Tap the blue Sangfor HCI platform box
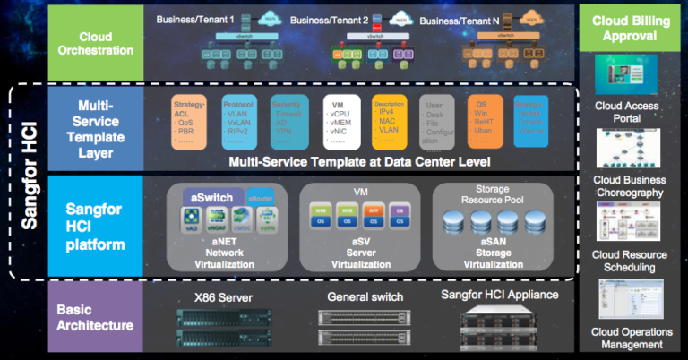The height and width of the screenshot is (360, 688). tap(94, 225)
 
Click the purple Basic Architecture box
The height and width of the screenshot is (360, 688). tap(94, 318)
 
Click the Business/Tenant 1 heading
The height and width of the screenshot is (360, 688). tap(194, 19)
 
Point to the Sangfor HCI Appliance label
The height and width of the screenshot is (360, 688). tap(500, 295)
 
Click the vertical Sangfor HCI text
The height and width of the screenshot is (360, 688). tap(30, 178)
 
